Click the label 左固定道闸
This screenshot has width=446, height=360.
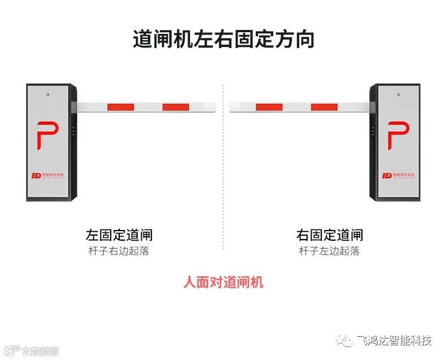click(x=119, y=235)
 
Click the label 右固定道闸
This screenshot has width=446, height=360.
click(x=330, y=235)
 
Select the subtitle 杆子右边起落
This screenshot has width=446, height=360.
click(x=119, y=251)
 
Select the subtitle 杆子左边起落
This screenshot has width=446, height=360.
click(x=330, y=251)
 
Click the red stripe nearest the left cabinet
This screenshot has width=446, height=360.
click(x=120, y=107)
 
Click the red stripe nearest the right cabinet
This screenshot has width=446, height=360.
click(x=324, y=107)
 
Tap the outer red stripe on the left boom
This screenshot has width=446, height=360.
click(x=177, y=107)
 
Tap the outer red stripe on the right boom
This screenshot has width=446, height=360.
click(x=269, y=107)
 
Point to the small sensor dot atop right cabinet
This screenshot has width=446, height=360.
click(x=398, y=94)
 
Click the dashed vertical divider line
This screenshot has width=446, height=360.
click(x=223, y=170)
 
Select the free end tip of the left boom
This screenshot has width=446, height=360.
click(x=215, y=107)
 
